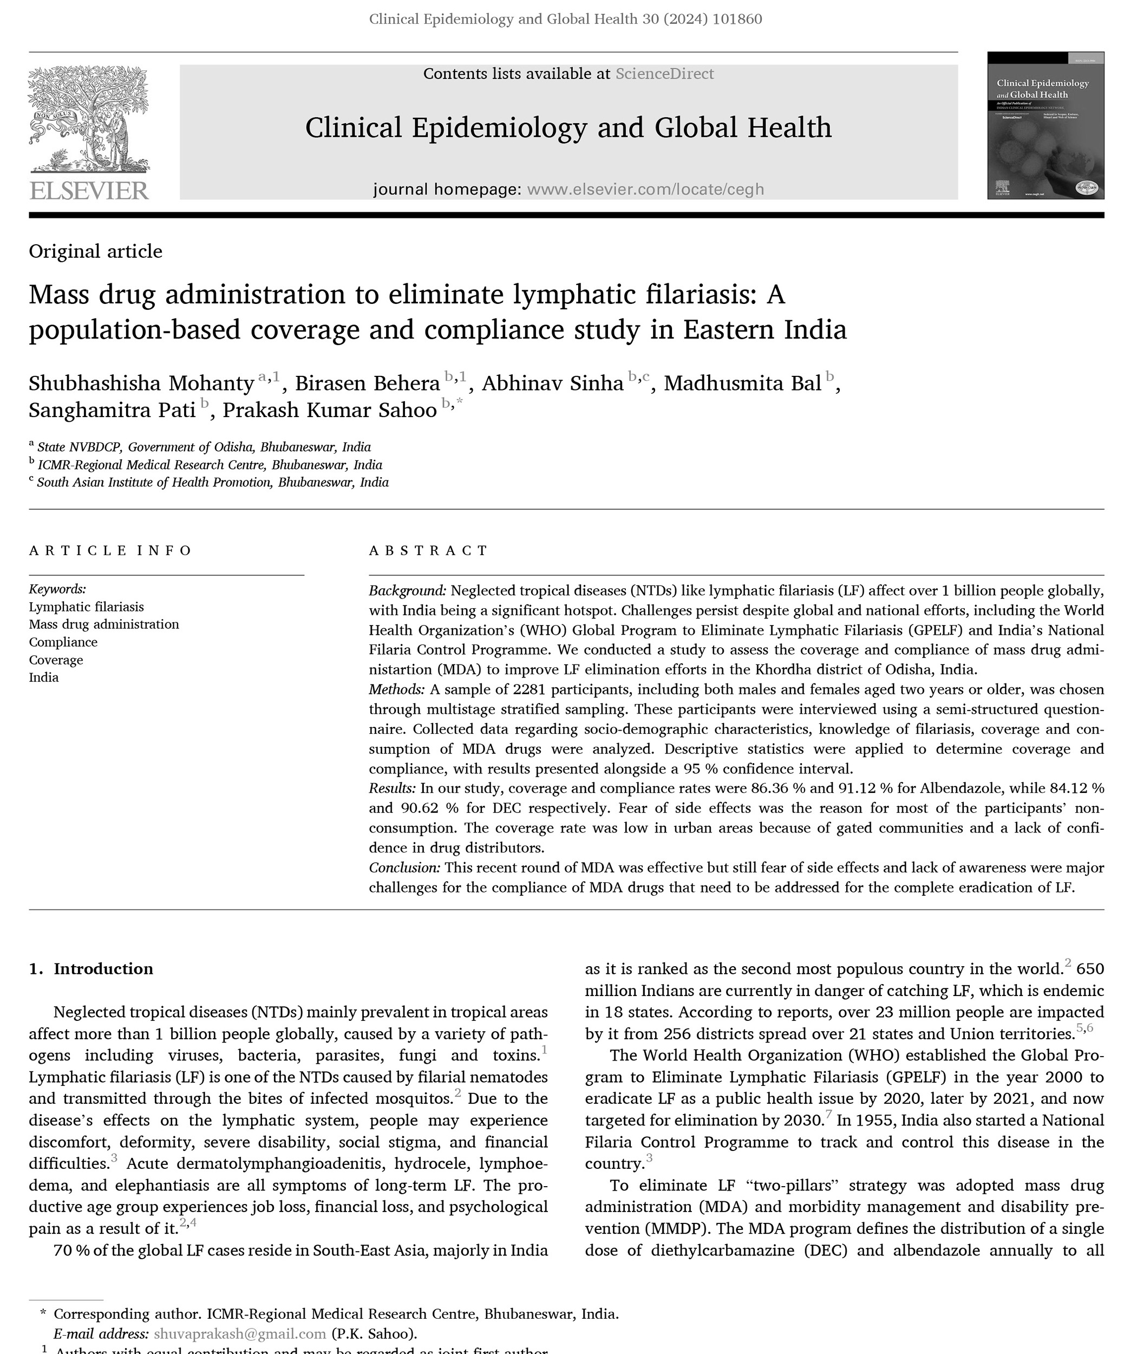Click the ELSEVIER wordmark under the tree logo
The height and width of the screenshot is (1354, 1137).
(x=89, y=191)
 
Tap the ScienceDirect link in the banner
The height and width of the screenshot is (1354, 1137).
(x=664, y=74)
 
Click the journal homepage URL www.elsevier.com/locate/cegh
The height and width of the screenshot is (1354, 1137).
(x=645, y=190)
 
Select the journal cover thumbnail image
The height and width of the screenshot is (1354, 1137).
(x=1045, y=126)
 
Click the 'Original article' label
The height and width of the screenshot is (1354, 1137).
(x=95, y=251)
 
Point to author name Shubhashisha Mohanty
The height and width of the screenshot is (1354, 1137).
(x=141, y=383)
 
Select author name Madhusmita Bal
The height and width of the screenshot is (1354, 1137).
(x=742, y=383)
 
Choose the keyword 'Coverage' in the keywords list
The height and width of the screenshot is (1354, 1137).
(x=56, y=660)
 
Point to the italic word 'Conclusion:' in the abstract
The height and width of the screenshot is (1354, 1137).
(x=404, y=868)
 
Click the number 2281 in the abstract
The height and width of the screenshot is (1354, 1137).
(x=529, y=690)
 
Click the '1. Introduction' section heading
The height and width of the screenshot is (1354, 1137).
(x=91, y=969)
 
